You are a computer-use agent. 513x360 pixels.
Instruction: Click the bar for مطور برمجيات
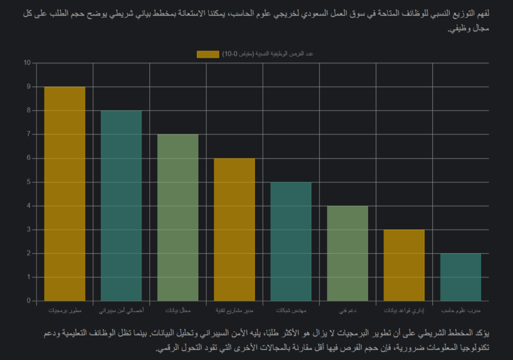[65, 194]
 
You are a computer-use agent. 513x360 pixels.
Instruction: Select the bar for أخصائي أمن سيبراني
[121, 206]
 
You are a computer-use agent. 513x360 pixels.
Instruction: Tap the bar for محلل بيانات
[178, 218]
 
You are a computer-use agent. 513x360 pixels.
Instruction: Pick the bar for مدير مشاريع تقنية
[234, 230]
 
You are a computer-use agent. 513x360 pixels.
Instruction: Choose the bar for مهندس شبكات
[291, 241]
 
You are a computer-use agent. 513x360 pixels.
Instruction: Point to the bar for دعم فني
[348, 253]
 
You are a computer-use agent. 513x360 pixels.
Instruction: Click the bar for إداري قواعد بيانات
[404, 265]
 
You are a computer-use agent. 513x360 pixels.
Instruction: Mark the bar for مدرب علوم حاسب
[461, 277]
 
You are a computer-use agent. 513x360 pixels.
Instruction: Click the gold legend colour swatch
[208, 54]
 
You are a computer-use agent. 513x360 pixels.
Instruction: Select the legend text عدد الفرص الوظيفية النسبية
[268, 54]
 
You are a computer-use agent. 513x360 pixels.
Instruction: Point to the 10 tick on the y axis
[27, 63]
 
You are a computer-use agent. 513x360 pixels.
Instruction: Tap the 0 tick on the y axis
[29, 301]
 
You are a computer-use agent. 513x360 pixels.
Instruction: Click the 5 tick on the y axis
[29, 182]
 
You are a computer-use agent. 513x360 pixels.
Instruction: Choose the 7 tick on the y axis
[29, 134]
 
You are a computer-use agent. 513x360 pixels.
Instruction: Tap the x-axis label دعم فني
[348, 311]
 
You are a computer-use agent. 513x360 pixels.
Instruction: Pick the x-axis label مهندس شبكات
[291, 311]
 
